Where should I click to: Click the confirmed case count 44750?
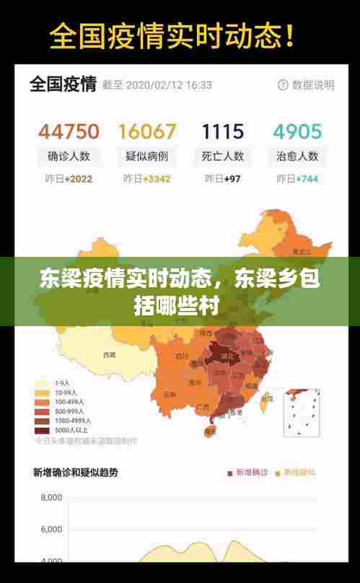click(69, 131)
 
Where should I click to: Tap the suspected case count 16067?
click(146, 131)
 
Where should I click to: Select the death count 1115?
click(222, 131)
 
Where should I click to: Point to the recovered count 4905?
click(297, 131)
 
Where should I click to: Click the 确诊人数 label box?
click(69, 156)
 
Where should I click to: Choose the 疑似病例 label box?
click(146, 156)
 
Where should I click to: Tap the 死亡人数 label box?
click(222, 156)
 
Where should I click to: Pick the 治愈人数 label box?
click(297, 156)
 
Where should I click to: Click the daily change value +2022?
click(78, 179)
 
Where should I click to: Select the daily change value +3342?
click(156, 179)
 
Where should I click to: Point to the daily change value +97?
click(232, 179)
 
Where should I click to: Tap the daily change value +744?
click(307, 179)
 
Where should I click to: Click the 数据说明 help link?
click(307, 85)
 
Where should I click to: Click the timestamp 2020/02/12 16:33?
click(170, 85)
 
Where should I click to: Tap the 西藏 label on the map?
click(110, 355)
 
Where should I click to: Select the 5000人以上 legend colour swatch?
click(42, 430)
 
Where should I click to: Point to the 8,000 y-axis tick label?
click(51, 498)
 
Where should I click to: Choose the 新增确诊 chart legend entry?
click(247, 473)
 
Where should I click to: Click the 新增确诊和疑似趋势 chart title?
click(75, 473)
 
